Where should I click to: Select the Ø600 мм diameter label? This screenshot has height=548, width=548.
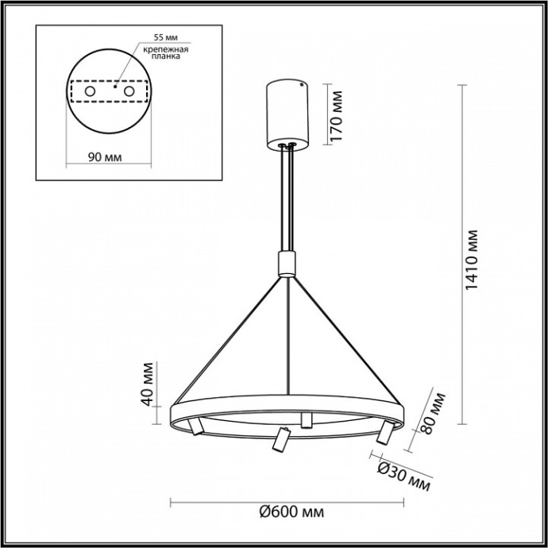point(291,512)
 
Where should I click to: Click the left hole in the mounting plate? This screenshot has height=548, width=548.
point(90,92)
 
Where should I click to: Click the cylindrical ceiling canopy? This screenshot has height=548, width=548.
point(285,111)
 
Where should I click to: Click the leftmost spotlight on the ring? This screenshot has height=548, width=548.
point(196,428)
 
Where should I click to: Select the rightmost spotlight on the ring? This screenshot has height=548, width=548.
point(385,431)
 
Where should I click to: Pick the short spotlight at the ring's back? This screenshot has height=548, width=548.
point(306,419)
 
